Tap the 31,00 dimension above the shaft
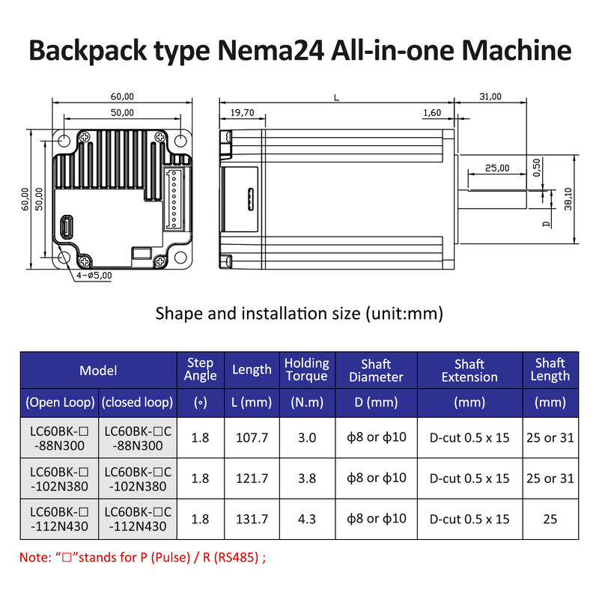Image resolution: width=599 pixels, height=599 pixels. click(x=490, y=97)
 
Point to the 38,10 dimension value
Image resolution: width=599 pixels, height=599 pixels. click(x=568, y=200)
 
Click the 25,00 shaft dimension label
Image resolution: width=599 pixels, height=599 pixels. click(x=497, y=168)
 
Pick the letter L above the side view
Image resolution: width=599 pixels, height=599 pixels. click(x=336, y=97)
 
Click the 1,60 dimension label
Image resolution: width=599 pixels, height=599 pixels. click(x=432, y=113)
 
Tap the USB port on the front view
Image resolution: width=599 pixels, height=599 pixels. click(x=67, y=227)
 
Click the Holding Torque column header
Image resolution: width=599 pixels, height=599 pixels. click(x=306, y=370)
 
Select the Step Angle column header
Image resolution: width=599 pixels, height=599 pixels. click(x=200, y=370)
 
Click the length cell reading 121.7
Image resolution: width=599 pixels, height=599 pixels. click(x=251, y=478)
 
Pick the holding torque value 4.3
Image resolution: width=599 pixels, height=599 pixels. click(x=306, y=518)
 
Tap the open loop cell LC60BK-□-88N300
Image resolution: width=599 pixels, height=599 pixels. click(x=59, y=437)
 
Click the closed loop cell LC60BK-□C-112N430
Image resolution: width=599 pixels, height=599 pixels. click(x=138, y=518)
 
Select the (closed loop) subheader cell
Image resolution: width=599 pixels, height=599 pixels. click(x=138, y=403)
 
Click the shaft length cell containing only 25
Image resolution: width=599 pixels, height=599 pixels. click(x=550, y=518)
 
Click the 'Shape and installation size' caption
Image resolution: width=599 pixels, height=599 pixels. click(x=299, y=313)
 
